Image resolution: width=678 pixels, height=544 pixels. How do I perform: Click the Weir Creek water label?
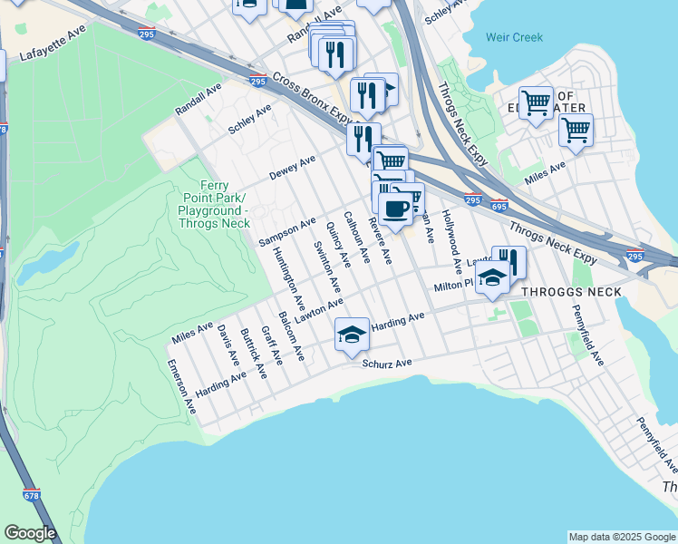514,37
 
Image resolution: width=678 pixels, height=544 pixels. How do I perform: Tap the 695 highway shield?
499,208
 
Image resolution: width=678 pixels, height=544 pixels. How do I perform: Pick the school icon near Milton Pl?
491,278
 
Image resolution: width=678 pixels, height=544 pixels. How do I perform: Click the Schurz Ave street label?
387,364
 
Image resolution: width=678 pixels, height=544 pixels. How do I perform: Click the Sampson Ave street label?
286,231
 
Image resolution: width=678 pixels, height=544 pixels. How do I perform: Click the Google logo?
30,533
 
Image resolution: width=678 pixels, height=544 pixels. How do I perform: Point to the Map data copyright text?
622,537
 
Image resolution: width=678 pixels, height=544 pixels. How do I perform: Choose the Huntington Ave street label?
288,270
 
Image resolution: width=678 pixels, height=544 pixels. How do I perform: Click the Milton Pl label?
454,287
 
